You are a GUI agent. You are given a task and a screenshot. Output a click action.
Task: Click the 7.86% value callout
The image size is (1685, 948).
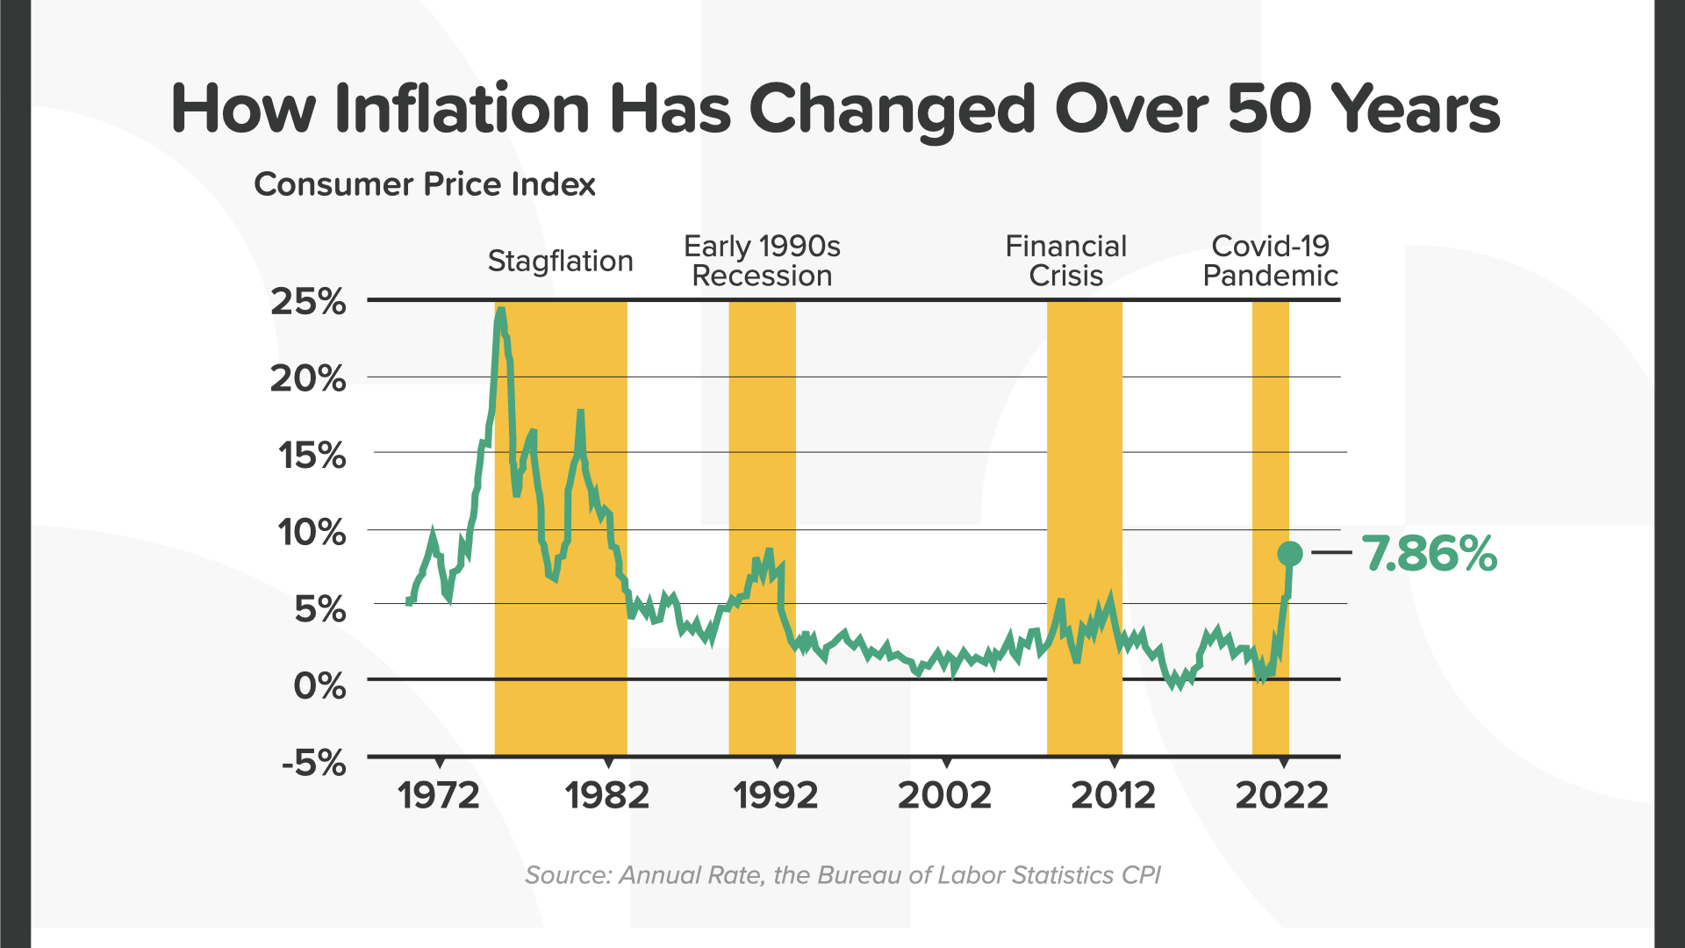[x=1429, y=554]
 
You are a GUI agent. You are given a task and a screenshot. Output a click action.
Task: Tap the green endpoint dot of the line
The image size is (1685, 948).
[x=1289, y=553]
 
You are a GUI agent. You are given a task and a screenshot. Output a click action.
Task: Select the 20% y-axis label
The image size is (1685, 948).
[x=308, y=378]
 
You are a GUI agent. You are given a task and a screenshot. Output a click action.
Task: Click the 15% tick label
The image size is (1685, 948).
[x=312, y=456]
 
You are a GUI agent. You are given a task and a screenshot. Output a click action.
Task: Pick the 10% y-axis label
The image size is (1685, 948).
[x=312, y=532]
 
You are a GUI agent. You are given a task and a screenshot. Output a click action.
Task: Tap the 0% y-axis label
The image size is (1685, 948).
[x=319, y=685]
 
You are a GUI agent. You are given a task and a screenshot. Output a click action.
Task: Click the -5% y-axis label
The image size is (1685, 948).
[x=313, y=763]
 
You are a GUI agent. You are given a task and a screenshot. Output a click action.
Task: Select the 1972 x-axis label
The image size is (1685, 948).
[x=438, y=795]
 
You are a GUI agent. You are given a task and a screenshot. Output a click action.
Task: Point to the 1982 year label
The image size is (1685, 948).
[x=606, y=795]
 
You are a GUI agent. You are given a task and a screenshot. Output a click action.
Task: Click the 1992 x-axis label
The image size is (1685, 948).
[x=775, y=795]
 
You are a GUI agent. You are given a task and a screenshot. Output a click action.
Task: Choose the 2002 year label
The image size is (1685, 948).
[x=944, y=795]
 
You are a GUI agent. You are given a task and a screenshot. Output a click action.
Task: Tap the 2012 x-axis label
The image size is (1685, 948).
[x=1113, y=795]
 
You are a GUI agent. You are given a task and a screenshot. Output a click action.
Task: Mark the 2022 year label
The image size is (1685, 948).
[x=1282, y=795]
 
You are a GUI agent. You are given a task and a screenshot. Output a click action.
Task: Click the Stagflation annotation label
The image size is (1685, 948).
[x=560, y=261]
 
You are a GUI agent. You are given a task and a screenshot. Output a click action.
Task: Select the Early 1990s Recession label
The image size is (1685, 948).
[x=762, y=261]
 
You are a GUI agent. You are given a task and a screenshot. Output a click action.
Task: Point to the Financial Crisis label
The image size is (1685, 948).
[x=1065, y=261]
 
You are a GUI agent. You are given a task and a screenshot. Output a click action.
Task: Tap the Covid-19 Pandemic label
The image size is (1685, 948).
[x=1270, y=261]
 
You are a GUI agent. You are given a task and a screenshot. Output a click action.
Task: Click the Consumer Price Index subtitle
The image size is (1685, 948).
[x=425, y=184]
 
